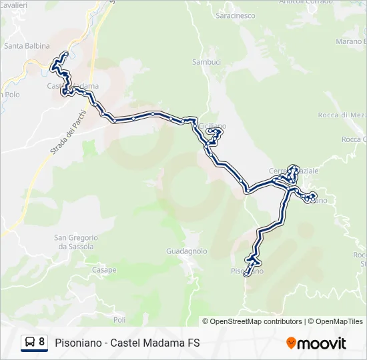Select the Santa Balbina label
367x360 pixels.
click(24, 46)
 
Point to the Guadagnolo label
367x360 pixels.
click(186, 251)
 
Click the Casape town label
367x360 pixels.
click(104, 270)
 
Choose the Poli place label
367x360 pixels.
click(119, 320)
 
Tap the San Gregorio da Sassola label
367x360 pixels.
click(76, 242)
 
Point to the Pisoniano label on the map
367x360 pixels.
click(248, 271)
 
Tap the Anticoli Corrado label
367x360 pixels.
click(310, 3)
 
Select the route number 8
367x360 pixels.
click(42, 343)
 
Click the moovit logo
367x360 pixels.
click(316, 343)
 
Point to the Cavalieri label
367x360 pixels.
click(15, 5)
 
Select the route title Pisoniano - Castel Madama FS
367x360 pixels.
click(127, 343)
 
